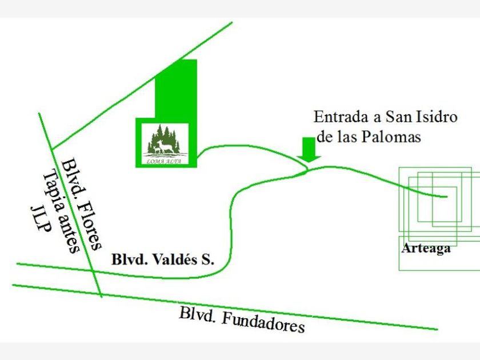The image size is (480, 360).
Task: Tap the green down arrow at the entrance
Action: tap(309, 150)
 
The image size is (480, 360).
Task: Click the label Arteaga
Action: tap(426, 249)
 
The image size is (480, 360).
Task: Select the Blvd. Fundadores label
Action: tap(242, 321)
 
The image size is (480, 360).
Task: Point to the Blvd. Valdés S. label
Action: tap(163, 259)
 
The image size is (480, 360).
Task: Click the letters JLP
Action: tap(40, 219)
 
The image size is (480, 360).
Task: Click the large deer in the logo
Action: tap(166, 146)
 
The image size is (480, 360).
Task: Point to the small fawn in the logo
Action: tap(157, 149)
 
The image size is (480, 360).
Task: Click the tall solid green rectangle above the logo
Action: tap(176, 89)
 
